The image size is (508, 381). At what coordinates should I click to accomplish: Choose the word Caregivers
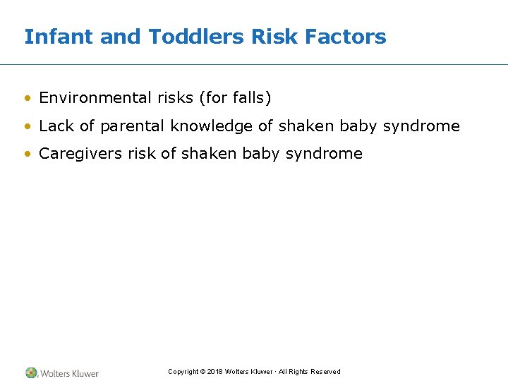click(80, 154)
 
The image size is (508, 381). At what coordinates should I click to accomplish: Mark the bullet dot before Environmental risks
click(28, 99)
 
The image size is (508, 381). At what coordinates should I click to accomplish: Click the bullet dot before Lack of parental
click(28, 127)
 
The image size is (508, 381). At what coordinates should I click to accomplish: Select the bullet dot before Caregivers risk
click(28, 155)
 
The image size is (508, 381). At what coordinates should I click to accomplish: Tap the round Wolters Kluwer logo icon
click(31, 373)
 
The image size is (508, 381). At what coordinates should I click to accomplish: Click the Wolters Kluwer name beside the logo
click(69, 373)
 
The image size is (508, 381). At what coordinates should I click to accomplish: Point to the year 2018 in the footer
click(215, 372)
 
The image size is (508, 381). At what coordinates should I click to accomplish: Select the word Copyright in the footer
click(183, 372)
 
